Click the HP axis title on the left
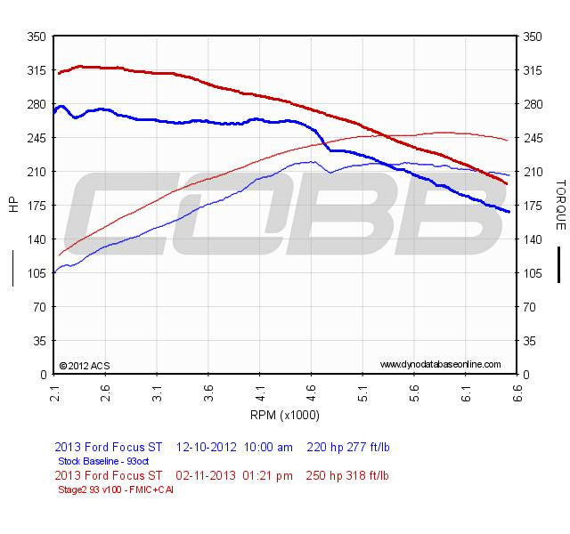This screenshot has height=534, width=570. (13, 204)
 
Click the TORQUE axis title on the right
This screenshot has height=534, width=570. (560, 204)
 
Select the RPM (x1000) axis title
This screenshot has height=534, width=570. (285, 415)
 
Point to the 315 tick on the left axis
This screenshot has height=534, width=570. (37, 70)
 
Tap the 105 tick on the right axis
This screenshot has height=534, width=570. (534, 273)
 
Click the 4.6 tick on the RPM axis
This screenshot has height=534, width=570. (311, 391)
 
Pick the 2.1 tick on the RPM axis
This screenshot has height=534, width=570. (54, 391)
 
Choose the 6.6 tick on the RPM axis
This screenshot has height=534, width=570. (517, 391)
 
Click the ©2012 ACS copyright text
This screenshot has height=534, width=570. (84, 365)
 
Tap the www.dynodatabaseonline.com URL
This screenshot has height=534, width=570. (440, 365)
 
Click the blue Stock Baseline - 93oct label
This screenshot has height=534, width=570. (103, 461)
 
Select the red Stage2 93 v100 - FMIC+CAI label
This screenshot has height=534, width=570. (115, 489)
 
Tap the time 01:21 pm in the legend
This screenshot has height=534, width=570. (268, 475)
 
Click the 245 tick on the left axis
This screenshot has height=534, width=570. (37, 138)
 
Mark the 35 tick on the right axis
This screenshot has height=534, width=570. (532, 341)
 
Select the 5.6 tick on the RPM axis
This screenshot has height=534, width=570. (413, 391)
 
